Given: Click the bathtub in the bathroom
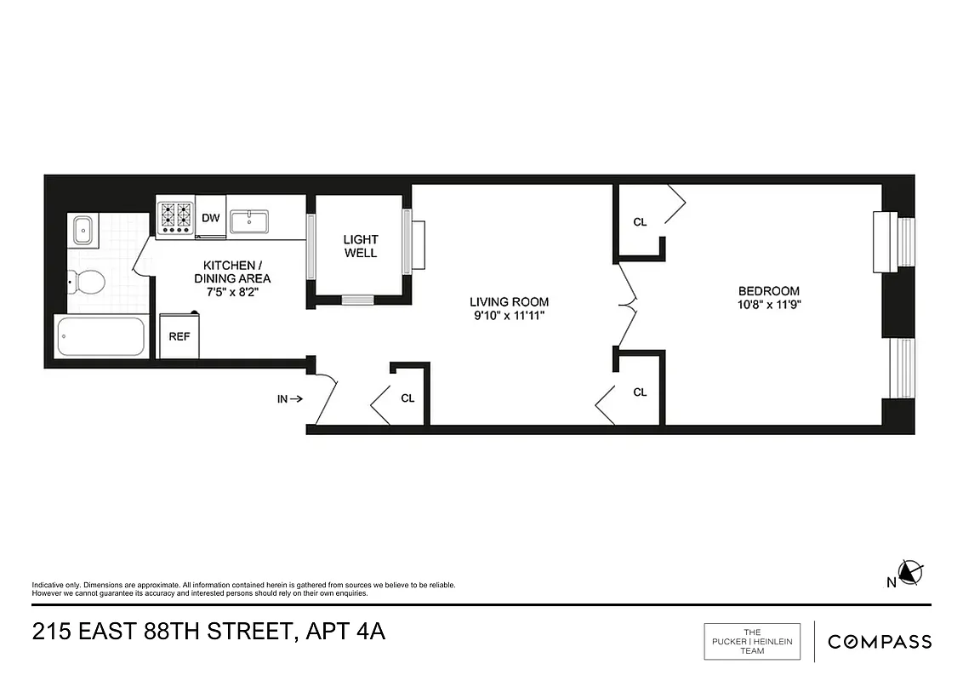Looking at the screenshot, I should coord(100,337).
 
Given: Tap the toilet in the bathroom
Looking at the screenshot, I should coord(87,279).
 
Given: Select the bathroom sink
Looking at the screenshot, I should coord(83,229).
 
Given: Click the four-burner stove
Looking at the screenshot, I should coord(175,216).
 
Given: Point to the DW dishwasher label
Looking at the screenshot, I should coord(211,218).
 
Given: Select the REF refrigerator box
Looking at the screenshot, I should coord(179,336).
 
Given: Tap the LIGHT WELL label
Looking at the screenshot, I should coord(360,246).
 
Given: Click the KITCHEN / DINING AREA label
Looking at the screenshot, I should coord(232,272).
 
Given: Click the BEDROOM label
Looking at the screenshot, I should coord(768,290).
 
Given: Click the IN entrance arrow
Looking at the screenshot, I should coord(289,398).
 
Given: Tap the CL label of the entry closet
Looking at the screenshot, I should coord(407,398).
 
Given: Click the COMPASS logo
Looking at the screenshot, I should coord(879,642).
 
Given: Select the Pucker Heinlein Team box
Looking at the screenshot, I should coord(752,642).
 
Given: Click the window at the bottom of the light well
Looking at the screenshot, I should coord(357,299).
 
